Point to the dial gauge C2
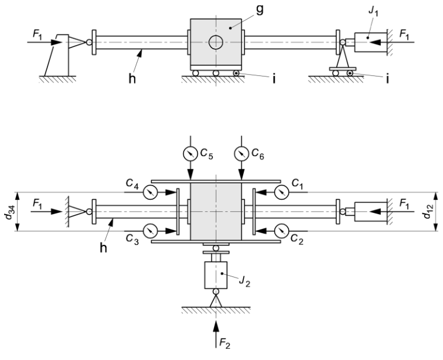(281, 229)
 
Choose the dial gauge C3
(150, 229)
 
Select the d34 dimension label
(10, 211)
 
